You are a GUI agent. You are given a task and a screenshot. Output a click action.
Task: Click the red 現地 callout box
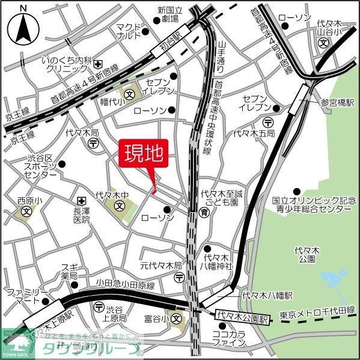click(x=144, y=155)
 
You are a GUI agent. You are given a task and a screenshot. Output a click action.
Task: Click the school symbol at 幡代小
click(x=130, y=94)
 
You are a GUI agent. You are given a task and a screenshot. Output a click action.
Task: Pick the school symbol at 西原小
click(x=26, y=212)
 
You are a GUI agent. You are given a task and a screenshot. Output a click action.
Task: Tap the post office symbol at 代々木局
click(x=94, y=143)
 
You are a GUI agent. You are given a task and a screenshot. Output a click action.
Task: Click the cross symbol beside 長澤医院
click(x=82, y=200)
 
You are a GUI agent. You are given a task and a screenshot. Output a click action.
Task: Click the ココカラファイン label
click(x=230, y=338)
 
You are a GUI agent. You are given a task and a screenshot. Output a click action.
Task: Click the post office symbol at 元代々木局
click(x=180, y=277)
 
